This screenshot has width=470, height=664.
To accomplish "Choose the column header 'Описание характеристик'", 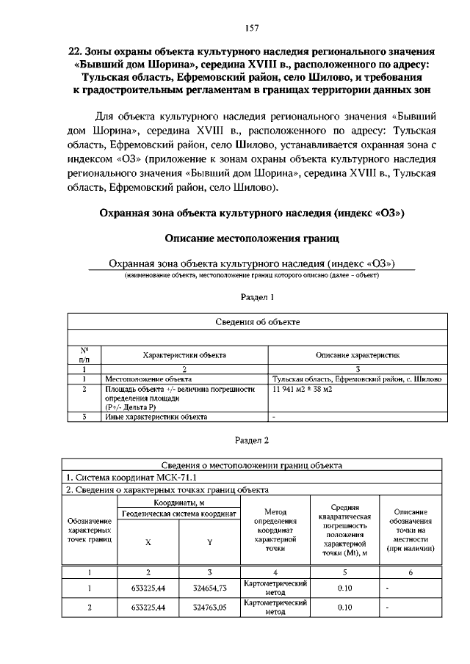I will point(358,354).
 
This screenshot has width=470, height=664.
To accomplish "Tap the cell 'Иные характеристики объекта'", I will point(155,417).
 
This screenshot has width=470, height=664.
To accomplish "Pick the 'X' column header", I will point(148,543).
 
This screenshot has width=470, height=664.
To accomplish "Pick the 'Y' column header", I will point(209,543).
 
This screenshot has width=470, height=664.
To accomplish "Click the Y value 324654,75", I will point(209,588).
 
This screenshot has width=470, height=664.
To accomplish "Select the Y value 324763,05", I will point(209,608).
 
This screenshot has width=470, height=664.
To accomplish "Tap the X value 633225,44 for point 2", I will point(148,608).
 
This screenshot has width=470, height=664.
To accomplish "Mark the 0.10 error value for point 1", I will point(345,588).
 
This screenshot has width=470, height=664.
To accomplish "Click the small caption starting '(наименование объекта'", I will point(252,276).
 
